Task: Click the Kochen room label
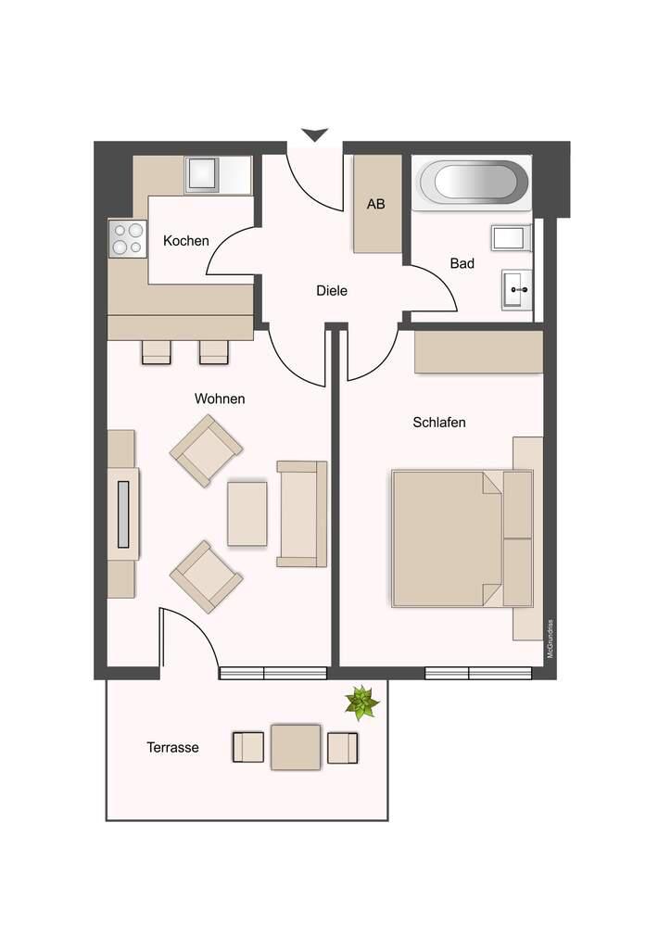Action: (x=185, y=241)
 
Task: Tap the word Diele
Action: (x=332, y=291)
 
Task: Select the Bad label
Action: (x=462, y=264)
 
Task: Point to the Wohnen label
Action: (x=220, y=399)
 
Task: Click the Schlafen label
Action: (x=439, y=423)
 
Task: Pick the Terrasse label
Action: (x=172, y=748)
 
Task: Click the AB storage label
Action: (x=375, y=205)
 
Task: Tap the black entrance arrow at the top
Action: (x=314, y=134)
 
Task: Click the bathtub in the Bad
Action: (x=475, y=182)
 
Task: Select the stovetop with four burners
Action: (x=128, y=238)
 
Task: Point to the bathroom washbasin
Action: (x=516, y=290)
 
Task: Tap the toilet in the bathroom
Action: (x=512, y=238)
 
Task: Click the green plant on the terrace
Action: (x=361, y=702)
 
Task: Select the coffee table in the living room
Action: (x=247, y=513)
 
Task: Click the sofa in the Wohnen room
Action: (x=302, y=513)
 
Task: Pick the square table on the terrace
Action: (x=296, y=747)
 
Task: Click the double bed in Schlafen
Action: (x=462, y=538)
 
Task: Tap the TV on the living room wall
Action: (x=123, y=513)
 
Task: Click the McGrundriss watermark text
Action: (x=550, y=639)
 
